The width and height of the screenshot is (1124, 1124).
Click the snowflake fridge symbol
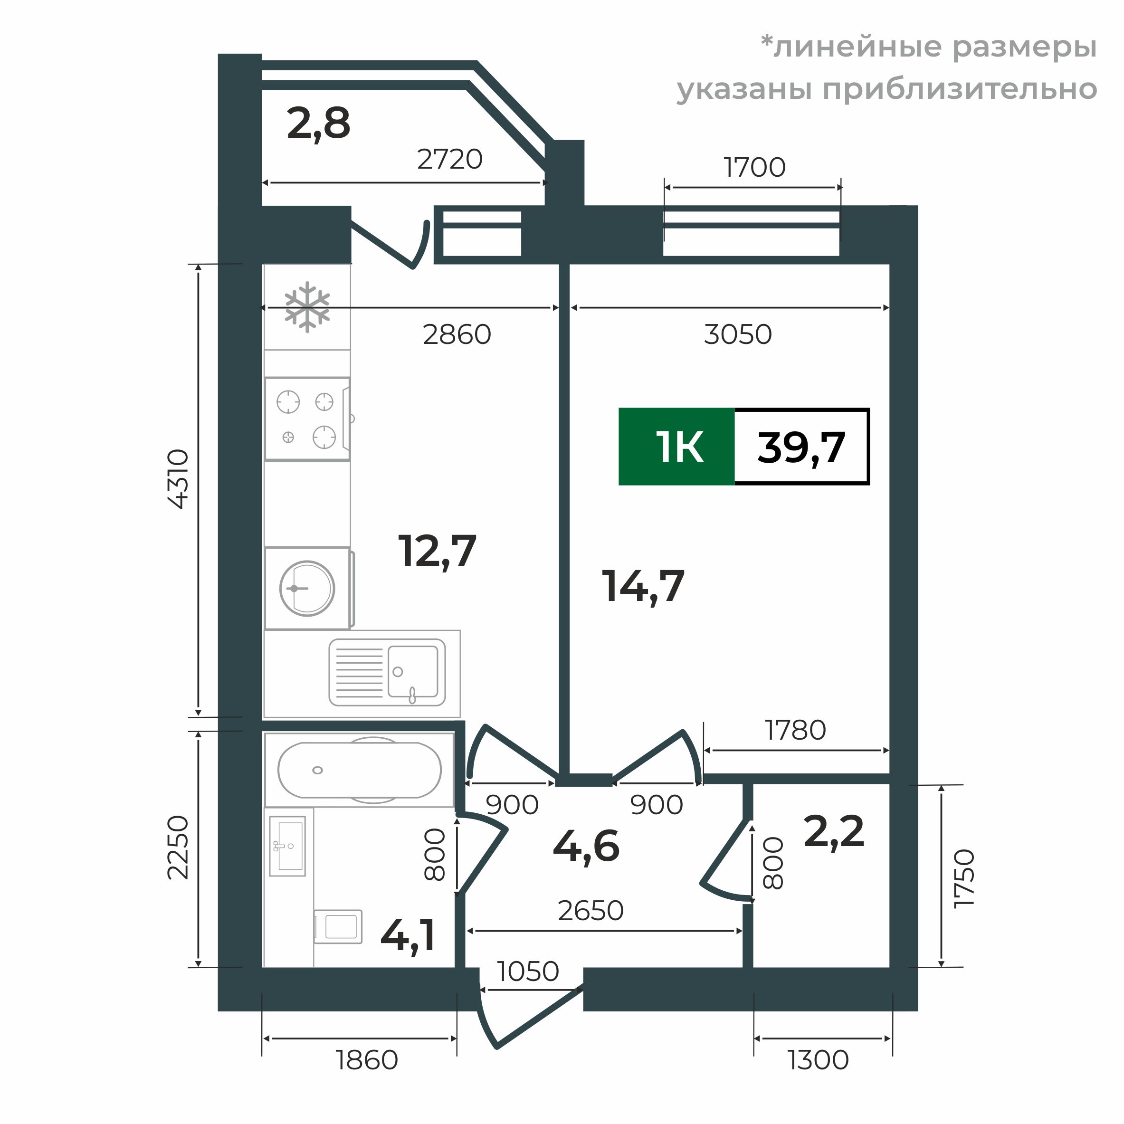click(306, 307)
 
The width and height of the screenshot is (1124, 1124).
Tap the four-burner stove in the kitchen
click(306, 419)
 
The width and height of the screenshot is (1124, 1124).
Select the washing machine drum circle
click(306, 588)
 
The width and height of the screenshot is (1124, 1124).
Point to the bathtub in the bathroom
click(359, 770)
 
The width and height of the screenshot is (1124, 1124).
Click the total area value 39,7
click(801, 448)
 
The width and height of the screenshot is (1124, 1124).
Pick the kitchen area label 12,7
click(437, 551)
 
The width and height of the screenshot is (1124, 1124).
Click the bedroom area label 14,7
click(642, 586)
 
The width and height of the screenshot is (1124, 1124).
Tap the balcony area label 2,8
click(318, 124)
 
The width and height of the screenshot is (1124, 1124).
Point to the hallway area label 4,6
click(586, 847)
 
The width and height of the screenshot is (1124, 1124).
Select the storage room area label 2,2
click(834, 832)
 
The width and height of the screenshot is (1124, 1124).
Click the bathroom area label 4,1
click(408, 936)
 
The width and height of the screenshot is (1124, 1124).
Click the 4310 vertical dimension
click(178, 479)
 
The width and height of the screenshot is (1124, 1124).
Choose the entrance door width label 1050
click(528, 971)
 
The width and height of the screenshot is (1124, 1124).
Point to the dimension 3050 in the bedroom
click(738, 334)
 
